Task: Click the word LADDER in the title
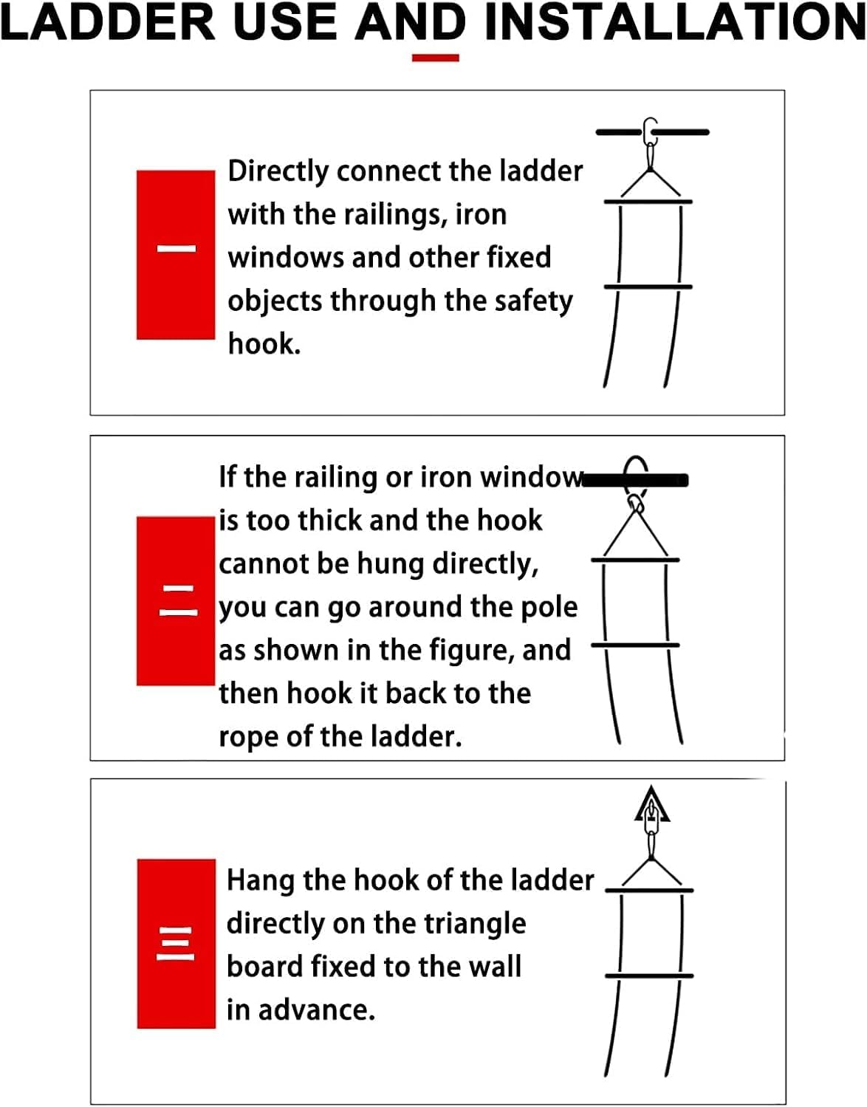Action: pyautogui.click(x=108, y=22)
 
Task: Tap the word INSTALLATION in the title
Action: pyautogui.click(x=675, y=22)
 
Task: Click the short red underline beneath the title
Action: pyautogui.click(x=436, y=58)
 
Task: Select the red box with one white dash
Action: pyautogui.click(x=176, y=255)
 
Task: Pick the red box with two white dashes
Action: pyautogui.click(x=176, y=601)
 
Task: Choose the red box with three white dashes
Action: pyautogui.click(x=177, y=944)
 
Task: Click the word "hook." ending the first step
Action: pyautogui.click(x=264, y=344)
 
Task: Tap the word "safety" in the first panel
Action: pyautogui.click(x=533, y=301)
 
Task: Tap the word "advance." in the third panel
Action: pyautogui.click(x=316, y=1010)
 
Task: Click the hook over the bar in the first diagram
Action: pyautogui.click(x=650, y=131)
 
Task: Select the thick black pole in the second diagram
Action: pyautogui.click(x=635, y=480)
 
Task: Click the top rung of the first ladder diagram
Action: pyautogui.click(x=648, y=202)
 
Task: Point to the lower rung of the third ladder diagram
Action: pyautogui.click(x=649, y=976)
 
